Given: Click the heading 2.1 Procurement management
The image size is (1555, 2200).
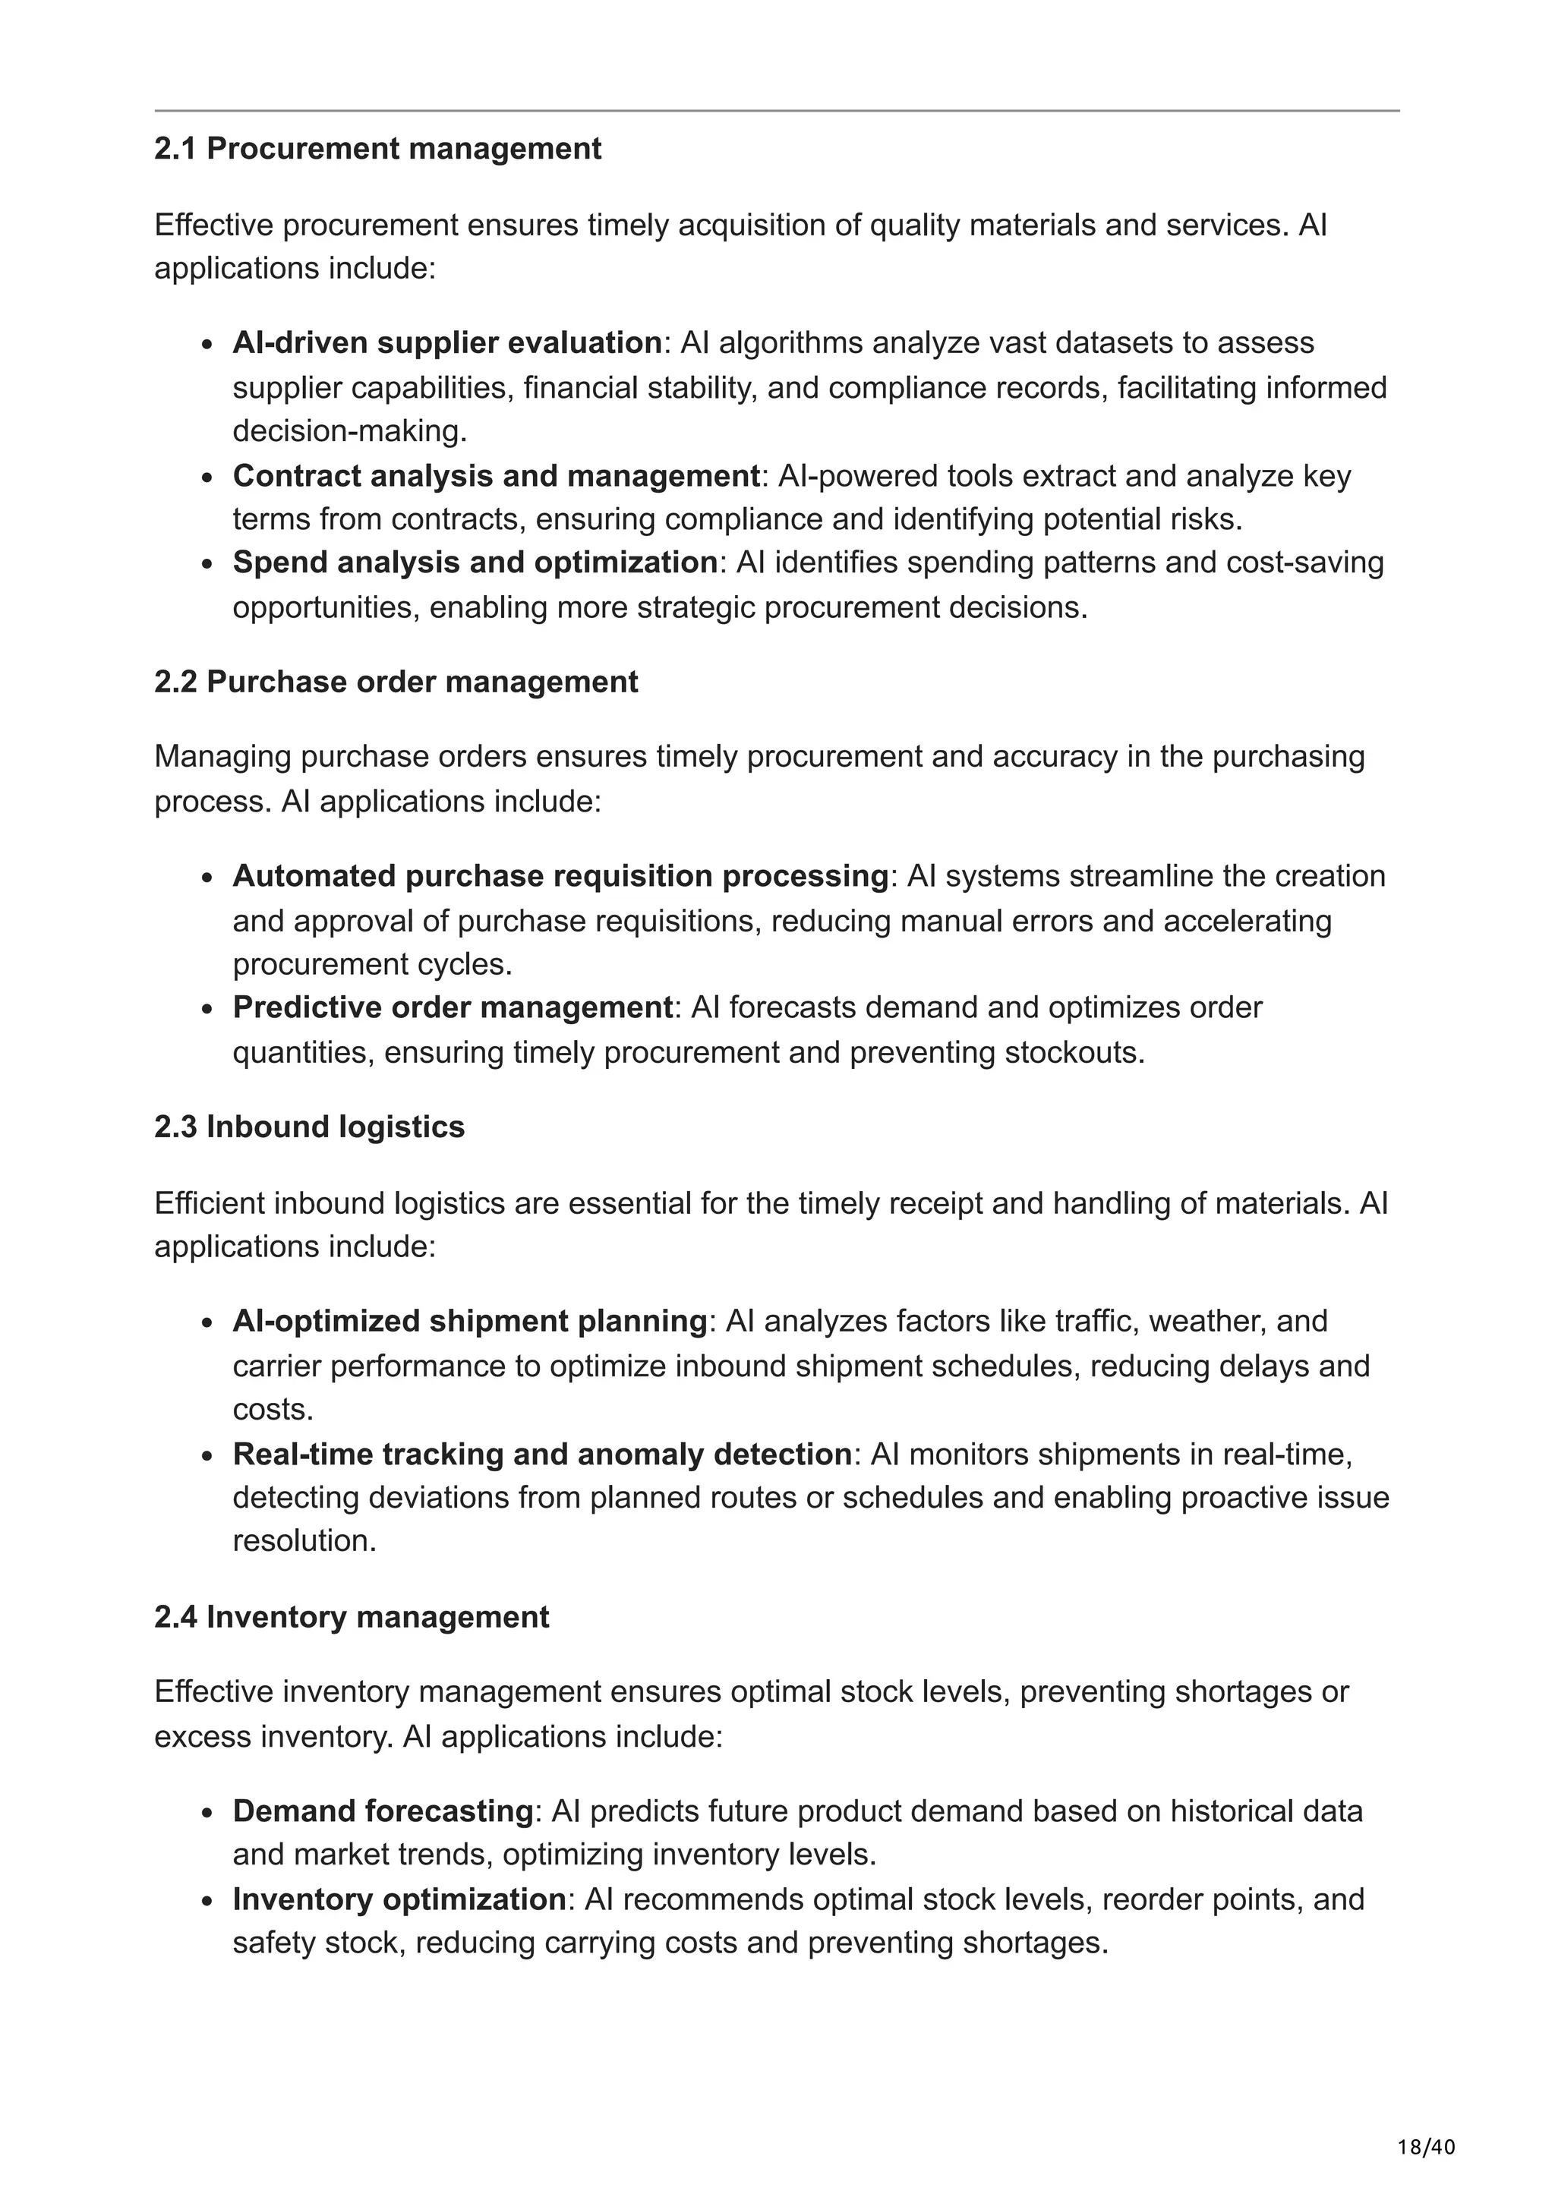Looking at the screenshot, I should pos(377,149).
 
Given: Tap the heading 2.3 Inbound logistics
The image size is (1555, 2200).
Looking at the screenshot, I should pos(310,1126).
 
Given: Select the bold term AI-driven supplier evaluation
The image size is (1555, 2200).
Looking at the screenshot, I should pos(447,342).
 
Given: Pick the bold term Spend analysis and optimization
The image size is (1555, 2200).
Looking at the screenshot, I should pos(475,562).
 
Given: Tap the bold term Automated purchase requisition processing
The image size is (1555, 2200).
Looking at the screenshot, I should pos(561,876).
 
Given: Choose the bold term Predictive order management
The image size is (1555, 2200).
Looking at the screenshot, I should pos(453,1007).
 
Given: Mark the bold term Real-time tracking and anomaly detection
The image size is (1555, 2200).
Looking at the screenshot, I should pos(542,1454).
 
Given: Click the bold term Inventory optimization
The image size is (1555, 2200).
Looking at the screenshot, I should pos(399,1899).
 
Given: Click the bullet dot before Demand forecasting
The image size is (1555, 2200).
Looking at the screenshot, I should pos(207,1813).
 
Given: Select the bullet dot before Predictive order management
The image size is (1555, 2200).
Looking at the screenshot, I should pos(207,1009).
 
